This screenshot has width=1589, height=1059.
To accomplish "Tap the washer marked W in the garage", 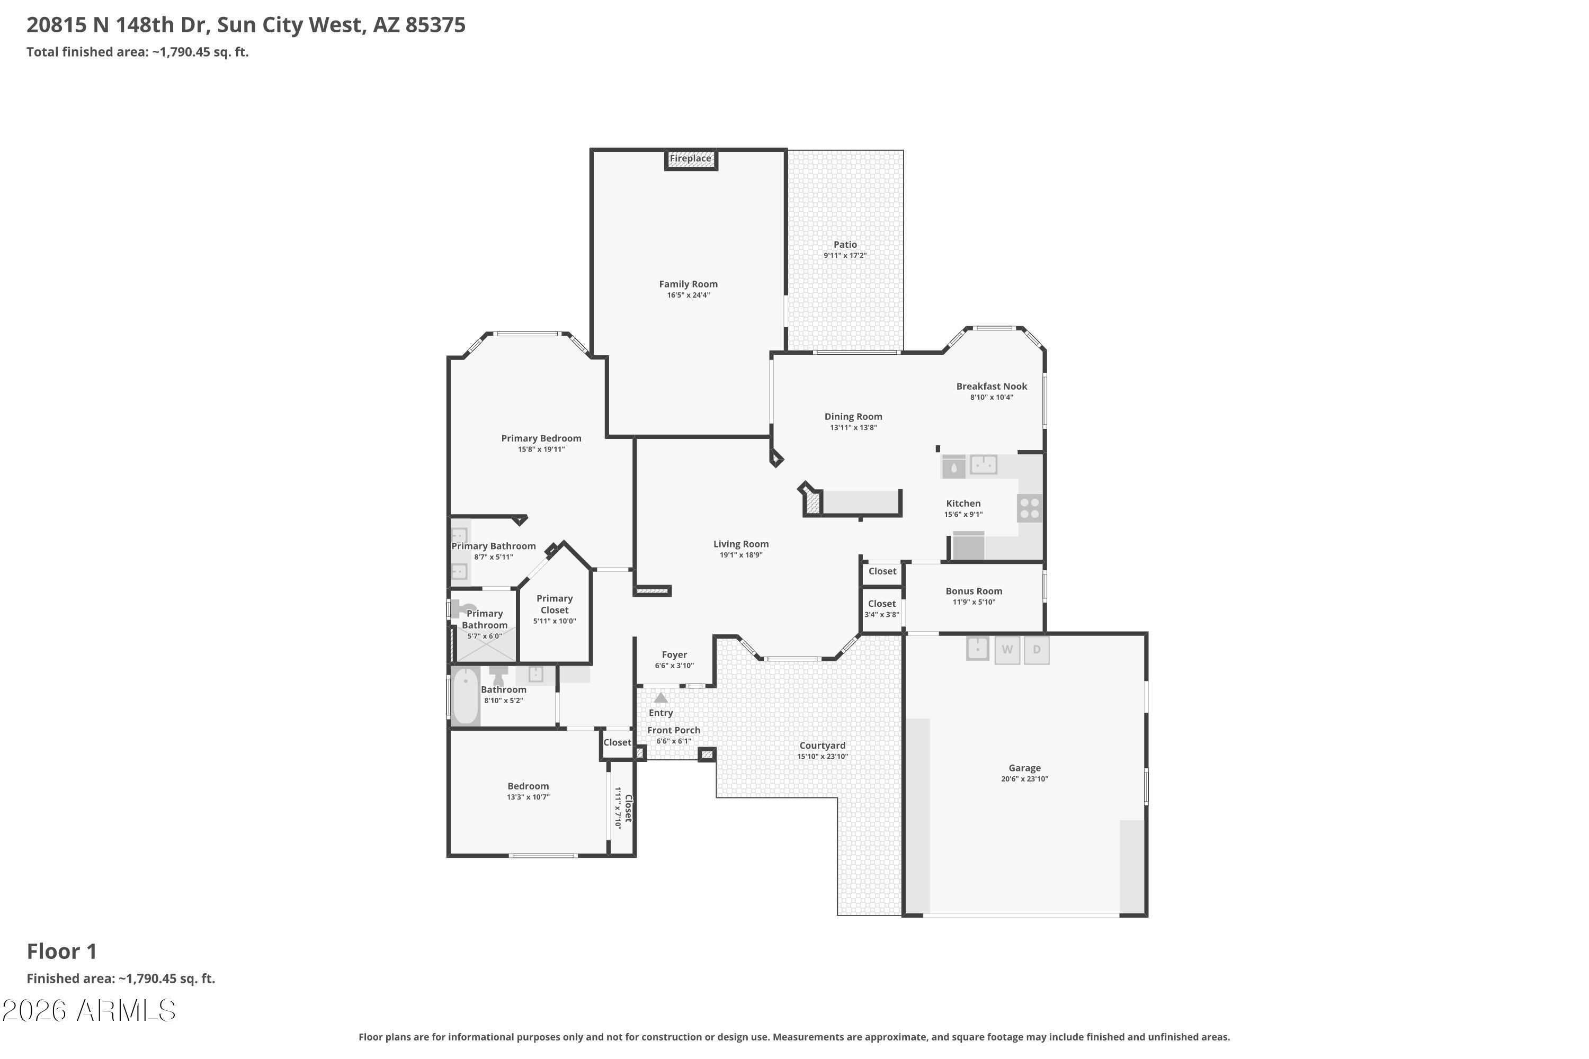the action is pos(1007,650).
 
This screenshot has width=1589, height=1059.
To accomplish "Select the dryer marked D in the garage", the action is pos(1037,650).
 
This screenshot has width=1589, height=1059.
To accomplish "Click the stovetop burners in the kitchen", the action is pos(1030,508).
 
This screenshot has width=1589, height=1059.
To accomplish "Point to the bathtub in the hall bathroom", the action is pos(466,696).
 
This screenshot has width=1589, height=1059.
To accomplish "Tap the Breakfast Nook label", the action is pos(991,387).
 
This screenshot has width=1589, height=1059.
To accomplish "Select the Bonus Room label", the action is pos(974,591).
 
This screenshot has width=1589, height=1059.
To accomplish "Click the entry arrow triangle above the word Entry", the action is pos(660,698).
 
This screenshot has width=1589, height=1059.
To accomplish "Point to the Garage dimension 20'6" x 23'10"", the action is pos(1024,779).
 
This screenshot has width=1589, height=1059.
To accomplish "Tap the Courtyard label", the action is pos(822,746).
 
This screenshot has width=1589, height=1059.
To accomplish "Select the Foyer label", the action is pos(674,654).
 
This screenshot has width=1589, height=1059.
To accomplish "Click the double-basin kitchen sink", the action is pos(984,465).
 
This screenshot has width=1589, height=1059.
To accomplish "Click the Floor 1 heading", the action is pos(62,951).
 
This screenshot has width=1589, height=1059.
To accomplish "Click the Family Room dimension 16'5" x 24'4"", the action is pos(689,295).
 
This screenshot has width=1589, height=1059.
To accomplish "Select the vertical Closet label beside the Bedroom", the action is pos(628,808).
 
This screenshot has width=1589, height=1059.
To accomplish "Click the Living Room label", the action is pos(741,544).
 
